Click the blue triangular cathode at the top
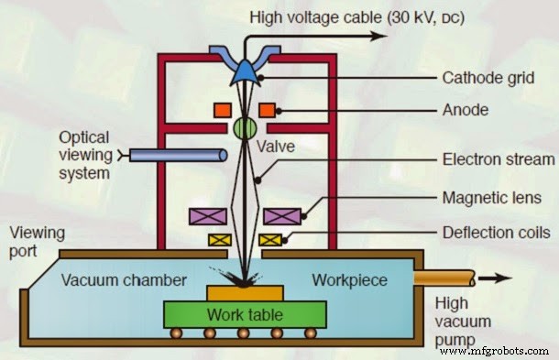point(244,66)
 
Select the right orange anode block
point(268,110)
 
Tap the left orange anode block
point(222,110)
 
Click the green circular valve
point(244,126)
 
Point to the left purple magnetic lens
point(207,217)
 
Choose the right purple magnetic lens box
point(280,217)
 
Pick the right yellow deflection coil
point(269,240)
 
